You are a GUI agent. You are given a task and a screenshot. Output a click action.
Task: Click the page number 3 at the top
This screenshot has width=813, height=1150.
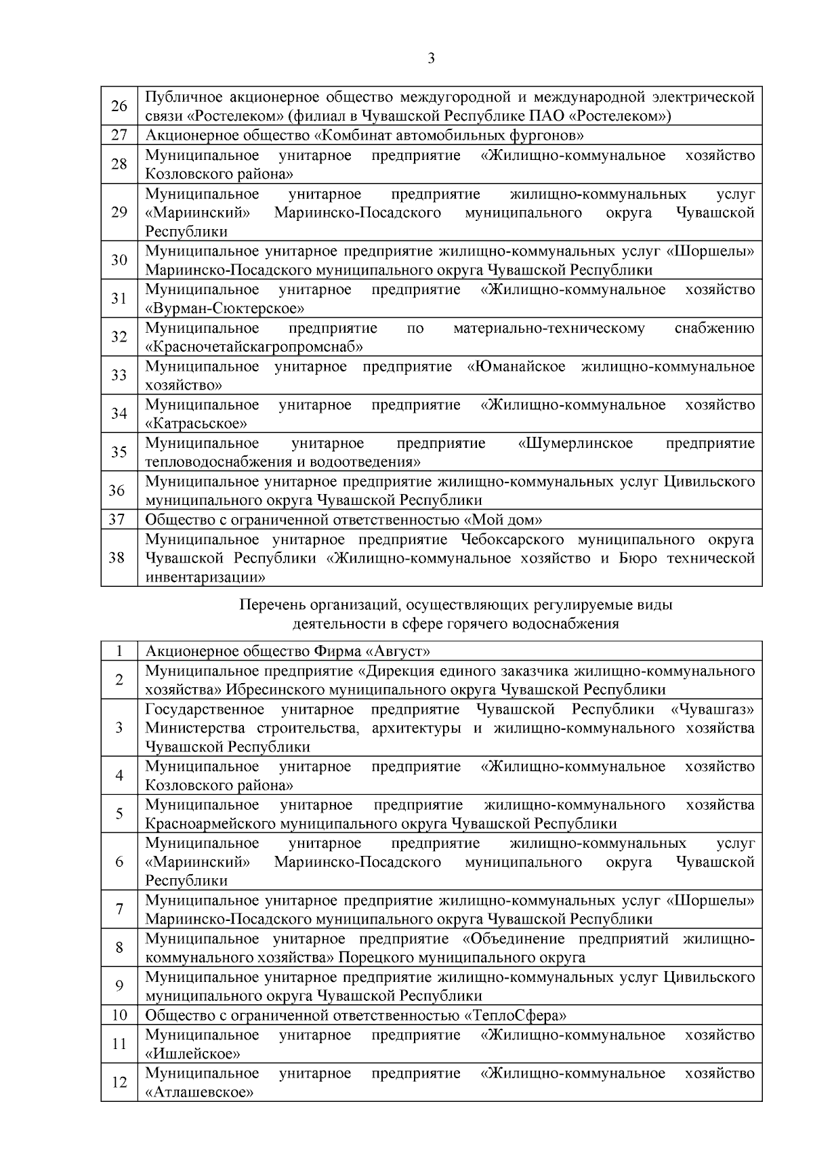click(432, 58)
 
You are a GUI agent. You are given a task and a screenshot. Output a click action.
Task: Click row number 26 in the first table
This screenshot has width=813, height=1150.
click(119, 106)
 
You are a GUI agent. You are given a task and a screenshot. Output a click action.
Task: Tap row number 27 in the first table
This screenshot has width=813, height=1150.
click(119, 136)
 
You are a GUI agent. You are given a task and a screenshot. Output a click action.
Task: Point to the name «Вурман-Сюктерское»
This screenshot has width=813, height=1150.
click(224, 309)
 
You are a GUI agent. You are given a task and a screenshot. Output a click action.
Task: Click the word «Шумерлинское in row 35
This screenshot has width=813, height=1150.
click(575, 444)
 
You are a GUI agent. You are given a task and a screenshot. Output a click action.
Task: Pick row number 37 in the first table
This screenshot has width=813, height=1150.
click(119, 520)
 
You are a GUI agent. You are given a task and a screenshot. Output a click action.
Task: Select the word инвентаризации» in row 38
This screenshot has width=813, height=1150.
click(205, 578)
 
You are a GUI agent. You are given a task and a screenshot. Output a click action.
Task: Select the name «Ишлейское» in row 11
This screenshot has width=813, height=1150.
click(193, 1054)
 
